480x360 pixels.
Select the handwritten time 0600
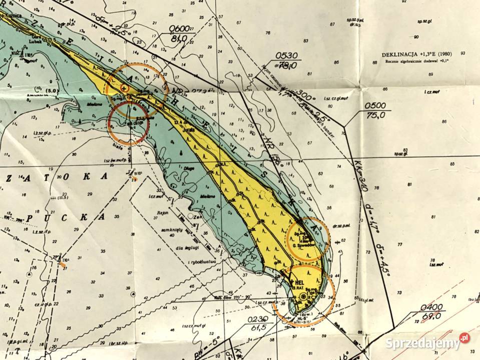(x=179, y=28)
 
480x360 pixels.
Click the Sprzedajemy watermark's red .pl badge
(x=464, y=338)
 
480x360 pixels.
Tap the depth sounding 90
(x=416, y=36)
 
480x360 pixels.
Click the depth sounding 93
(x=463, y=53)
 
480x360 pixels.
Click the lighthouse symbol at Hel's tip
(x=303, y=297)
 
